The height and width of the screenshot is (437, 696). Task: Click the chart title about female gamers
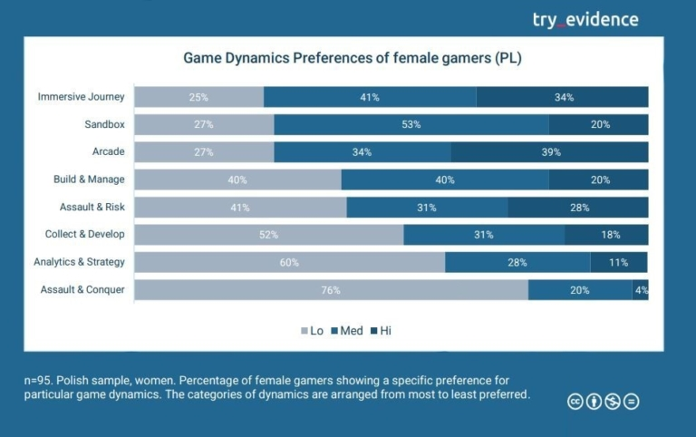coord(353,58)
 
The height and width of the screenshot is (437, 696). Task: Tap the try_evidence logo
coord(585,19)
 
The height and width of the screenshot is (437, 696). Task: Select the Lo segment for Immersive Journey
coord(199,97)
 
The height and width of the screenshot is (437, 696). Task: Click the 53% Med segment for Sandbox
coord(411,124)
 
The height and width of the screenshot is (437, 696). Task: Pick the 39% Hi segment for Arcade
coord(549,152)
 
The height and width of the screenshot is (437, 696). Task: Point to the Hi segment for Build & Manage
coord(598,180)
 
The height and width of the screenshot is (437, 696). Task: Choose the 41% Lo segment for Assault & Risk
coord(240,208)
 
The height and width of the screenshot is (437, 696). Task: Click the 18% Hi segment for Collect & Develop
coord(606,235)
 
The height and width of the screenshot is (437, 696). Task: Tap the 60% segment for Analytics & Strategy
coord(290,263)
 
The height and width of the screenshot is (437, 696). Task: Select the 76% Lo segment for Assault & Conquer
coord(331,290)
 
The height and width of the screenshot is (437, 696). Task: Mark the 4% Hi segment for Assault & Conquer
coord(640,290)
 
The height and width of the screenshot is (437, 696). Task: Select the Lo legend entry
coord(312,331)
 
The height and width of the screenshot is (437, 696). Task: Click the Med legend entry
coord(346,331)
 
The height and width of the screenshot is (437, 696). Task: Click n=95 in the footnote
coord(39,381)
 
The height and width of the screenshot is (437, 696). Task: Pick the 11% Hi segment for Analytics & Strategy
coord(619,263)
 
